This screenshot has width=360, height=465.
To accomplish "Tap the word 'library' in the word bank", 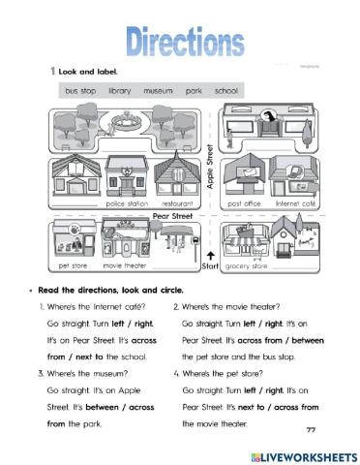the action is (113, 90).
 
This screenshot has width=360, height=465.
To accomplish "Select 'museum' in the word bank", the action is (158, 90).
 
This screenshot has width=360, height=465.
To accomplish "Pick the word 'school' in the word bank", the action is (226, 90).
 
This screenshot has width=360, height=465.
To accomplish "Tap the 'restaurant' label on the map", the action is (179, 204).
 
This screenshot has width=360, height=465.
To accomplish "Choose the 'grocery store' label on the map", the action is (245, 263).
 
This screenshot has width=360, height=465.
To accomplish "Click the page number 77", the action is (311, 429).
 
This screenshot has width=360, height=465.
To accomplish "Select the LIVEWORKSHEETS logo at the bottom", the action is (295, 454).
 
